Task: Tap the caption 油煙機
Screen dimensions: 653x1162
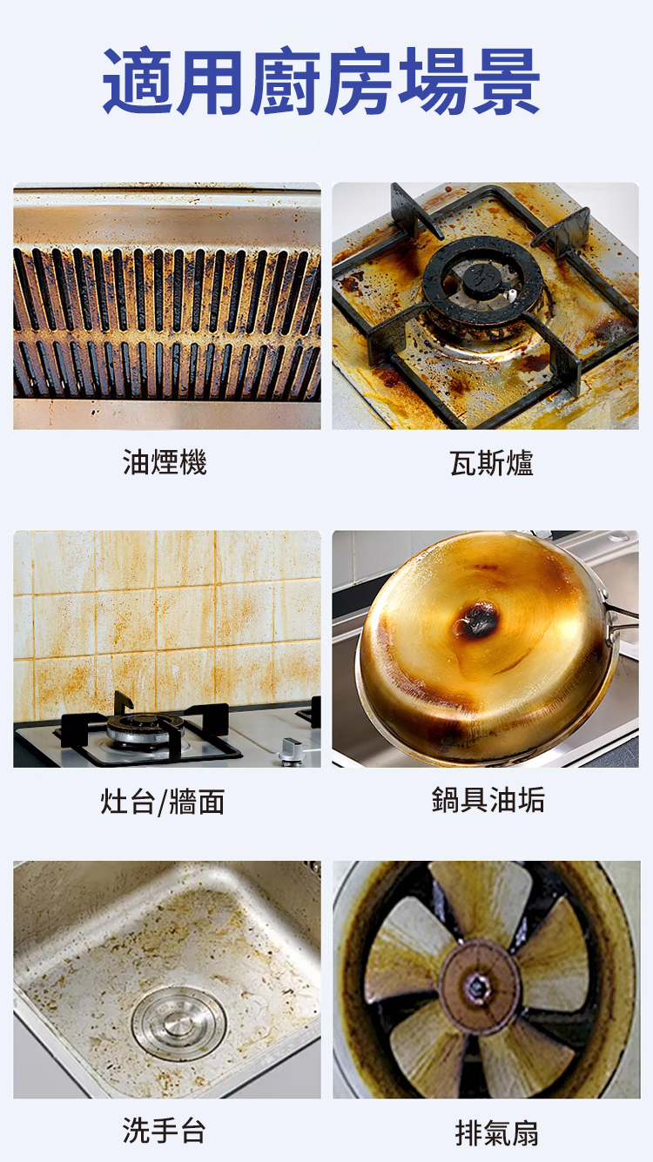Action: point(165,462)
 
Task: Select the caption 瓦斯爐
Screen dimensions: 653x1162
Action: point(491,463)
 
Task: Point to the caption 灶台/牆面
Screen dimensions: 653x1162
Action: point(163,802)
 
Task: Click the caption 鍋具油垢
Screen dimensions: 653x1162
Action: point(488,799)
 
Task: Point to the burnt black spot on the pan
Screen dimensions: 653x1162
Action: point(476,620)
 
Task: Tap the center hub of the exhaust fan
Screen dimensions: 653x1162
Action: point(479,987)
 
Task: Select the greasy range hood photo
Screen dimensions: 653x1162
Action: point(167,306)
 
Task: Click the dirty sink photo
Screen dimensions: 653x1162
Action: point(167,979)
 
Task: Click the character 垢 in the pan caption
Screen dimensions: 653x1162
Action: point(531,799)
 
